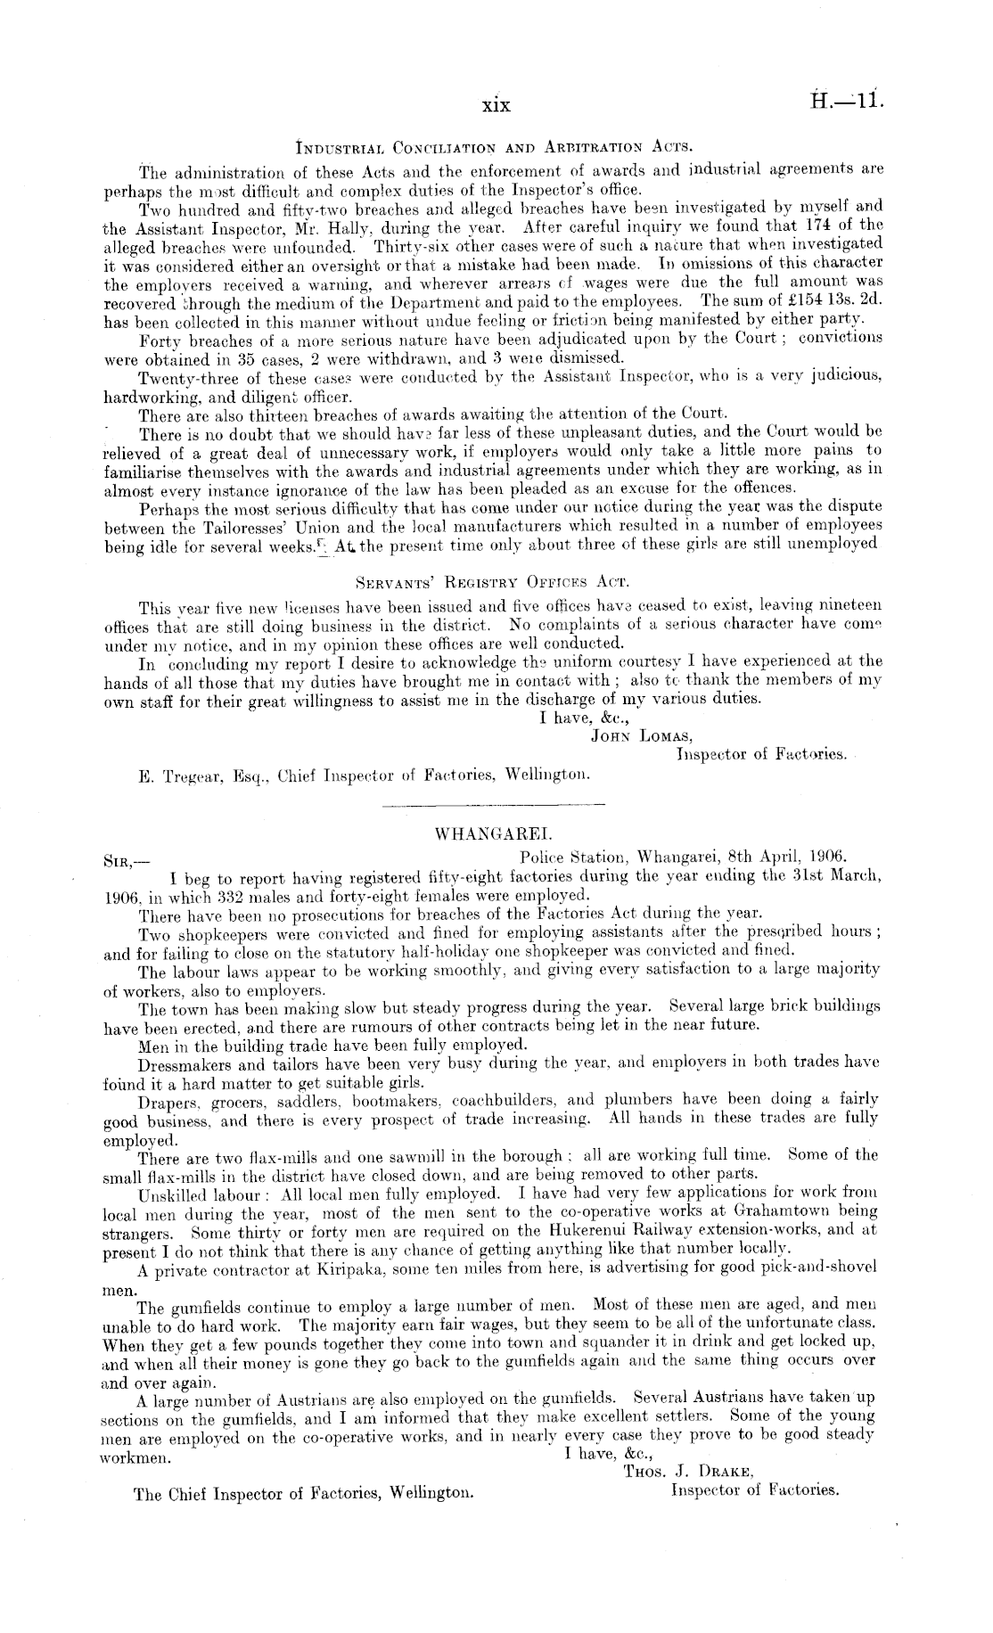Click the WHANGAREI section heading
coord(494,835)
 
